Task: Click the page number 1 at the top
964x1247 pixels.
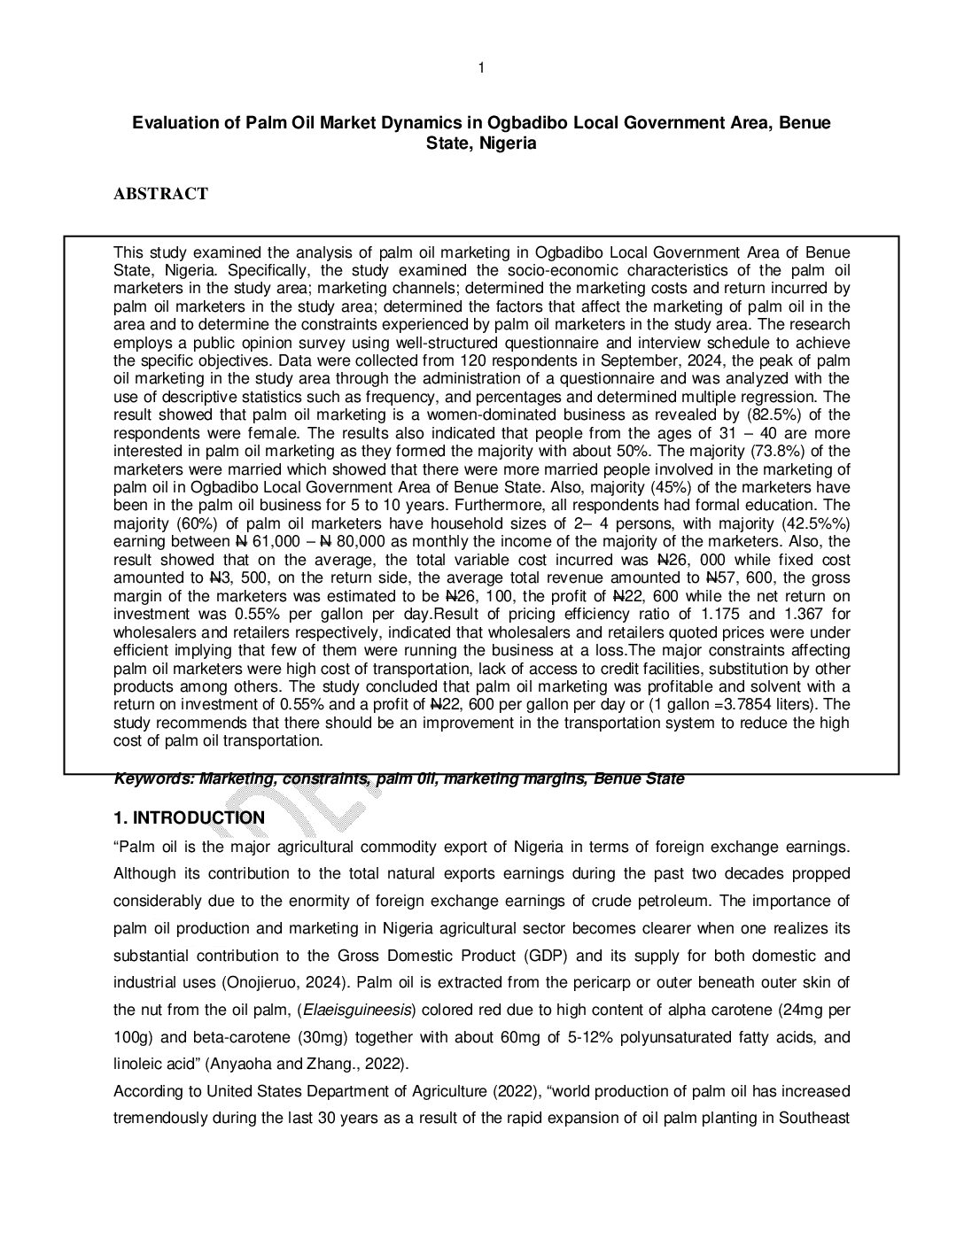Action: (481, 68)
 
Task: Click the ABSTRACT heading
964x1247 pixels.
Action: (160, 194)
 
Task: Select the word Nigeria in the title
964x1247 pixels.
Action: (507, 143)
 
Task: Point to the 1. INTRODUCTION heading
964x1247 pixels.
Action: (189, 817)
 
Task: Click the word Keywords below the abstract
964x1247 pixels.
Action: (153, 779)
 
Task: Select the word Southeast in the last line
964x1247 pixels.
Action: (814, 1119)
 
